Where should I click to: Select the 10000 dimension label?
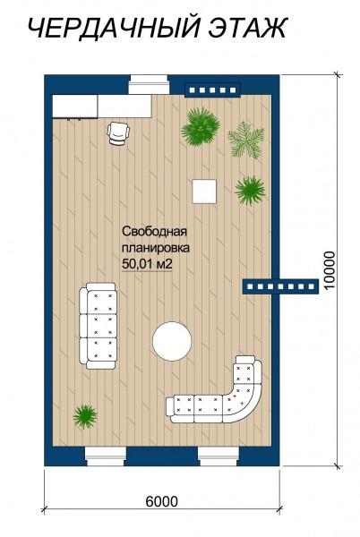point(330,270)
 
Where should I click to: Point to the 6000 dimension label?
point(162,501)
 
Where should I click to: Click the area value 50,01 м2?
point(147,264)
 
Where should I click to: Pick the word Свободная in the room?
point(155,232)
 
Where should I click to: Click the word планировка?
point(156,248)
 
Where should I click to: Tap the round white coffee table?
point(172,341)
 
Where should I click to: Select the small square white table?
point(204,192)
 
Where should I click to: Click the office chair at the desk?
point(118,133)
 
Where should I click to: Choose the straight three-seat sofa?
point(98,326)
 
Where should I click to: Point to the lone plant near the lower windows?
point(85,416)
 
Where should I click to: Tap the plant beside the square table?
point(250,191)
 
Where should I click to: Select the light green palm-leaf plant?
point(246,141)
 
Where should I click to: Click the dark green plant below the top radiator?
point(201,127)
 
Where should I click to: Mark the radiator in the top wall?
point(212,90)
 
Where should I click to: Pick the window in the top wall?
point(149,86)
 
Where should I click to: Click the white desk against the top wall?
point(102,107)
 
